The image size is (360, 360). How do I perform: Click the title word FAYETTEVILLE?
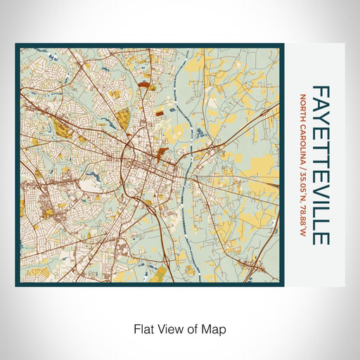pyautogui.click(x=320, y=165)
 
